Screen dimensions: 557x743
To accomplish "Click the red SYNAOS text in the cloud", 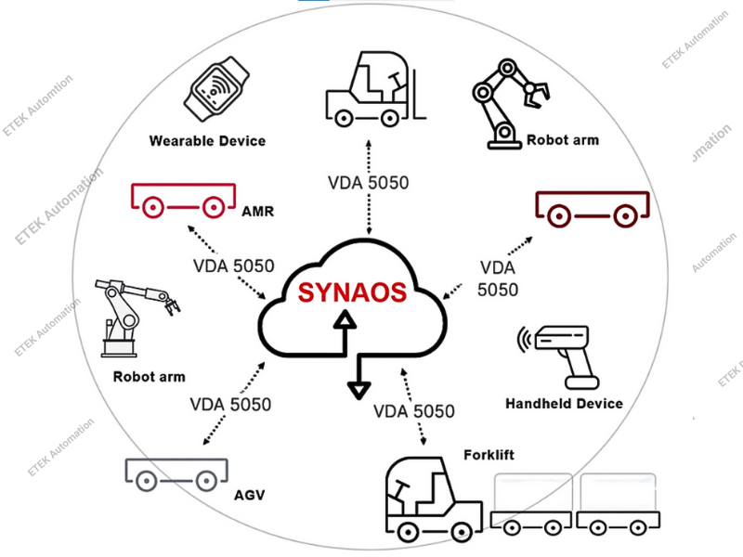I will tap(352, 292).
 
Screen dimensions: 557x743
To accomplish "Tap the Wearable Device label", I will tap(207, 141).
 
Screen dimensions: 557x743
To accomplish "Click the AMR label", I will tap(257, 212).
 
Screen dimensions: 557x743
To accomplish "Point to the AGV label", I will tap(250, 495).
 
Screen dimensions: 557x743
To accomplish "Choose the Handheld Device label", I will tap(564, 404).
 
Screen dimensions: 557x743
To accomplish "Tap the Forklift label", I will tap(489, 455).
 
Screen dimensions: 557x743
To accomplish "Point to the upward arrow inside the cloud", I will tap(345, 330).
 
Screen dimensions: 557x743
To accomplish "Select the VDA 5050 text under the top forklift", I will tap(368, 182).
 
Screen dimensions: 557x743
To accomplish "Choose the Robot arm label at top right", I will tap(563, 140).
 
